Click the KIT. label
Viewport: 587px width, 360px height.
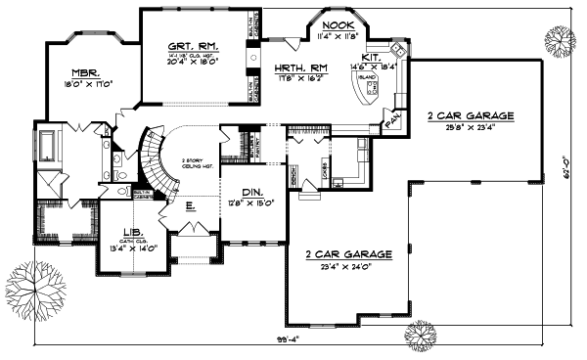(373, 57)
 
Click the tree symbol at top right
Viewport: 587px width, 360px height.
(560, 42)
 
